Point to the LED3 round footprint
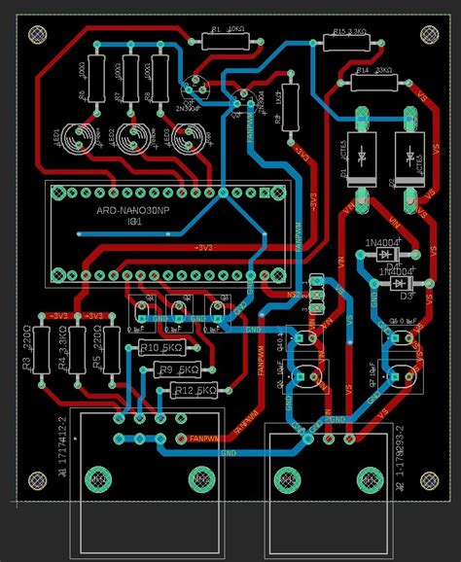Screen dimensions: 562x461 click(x=187, y=138)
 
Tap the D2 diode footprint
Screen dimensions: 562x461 click(x=407, y=159)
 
